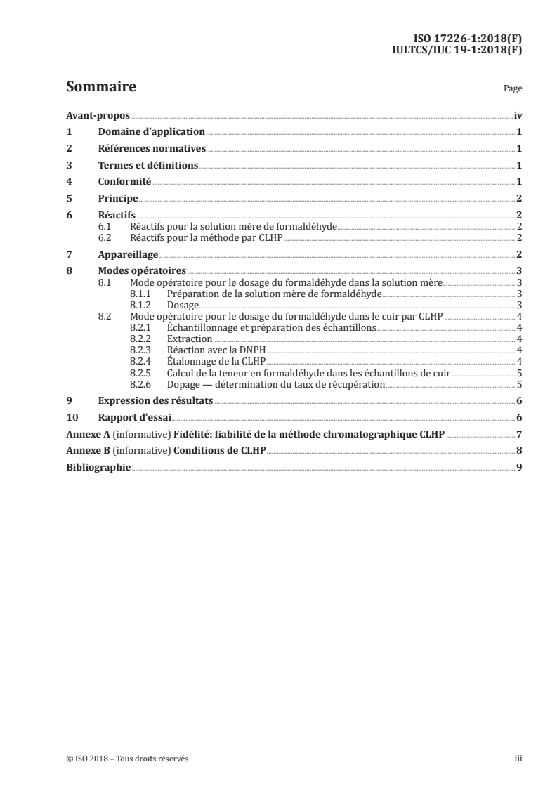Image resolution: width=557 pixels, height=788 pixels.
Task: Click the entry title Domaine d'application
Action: click(x=151, y=131)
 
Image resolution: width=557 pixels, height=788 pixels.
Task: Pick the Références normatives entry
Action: click(x=151, y=148)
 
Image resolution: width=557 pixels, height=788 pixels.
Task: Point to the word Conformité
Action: click(x=124, y=182)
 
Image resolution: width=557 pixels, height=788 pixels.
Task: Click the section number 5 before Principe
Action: click(x=69, y=199)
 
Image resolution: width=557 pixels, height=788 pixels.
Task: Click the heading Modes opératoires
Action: click(x=143, y=271)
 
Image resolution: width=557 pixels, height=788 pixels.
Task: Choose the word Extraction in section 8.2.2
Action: click(x=190, y=339)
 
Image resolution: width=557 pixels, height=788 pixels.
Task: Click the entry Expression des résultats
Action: click(x=155, y=400)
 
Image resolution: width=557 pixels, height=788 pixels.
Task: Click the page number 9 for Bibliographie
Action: click(x=518, y=467)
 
